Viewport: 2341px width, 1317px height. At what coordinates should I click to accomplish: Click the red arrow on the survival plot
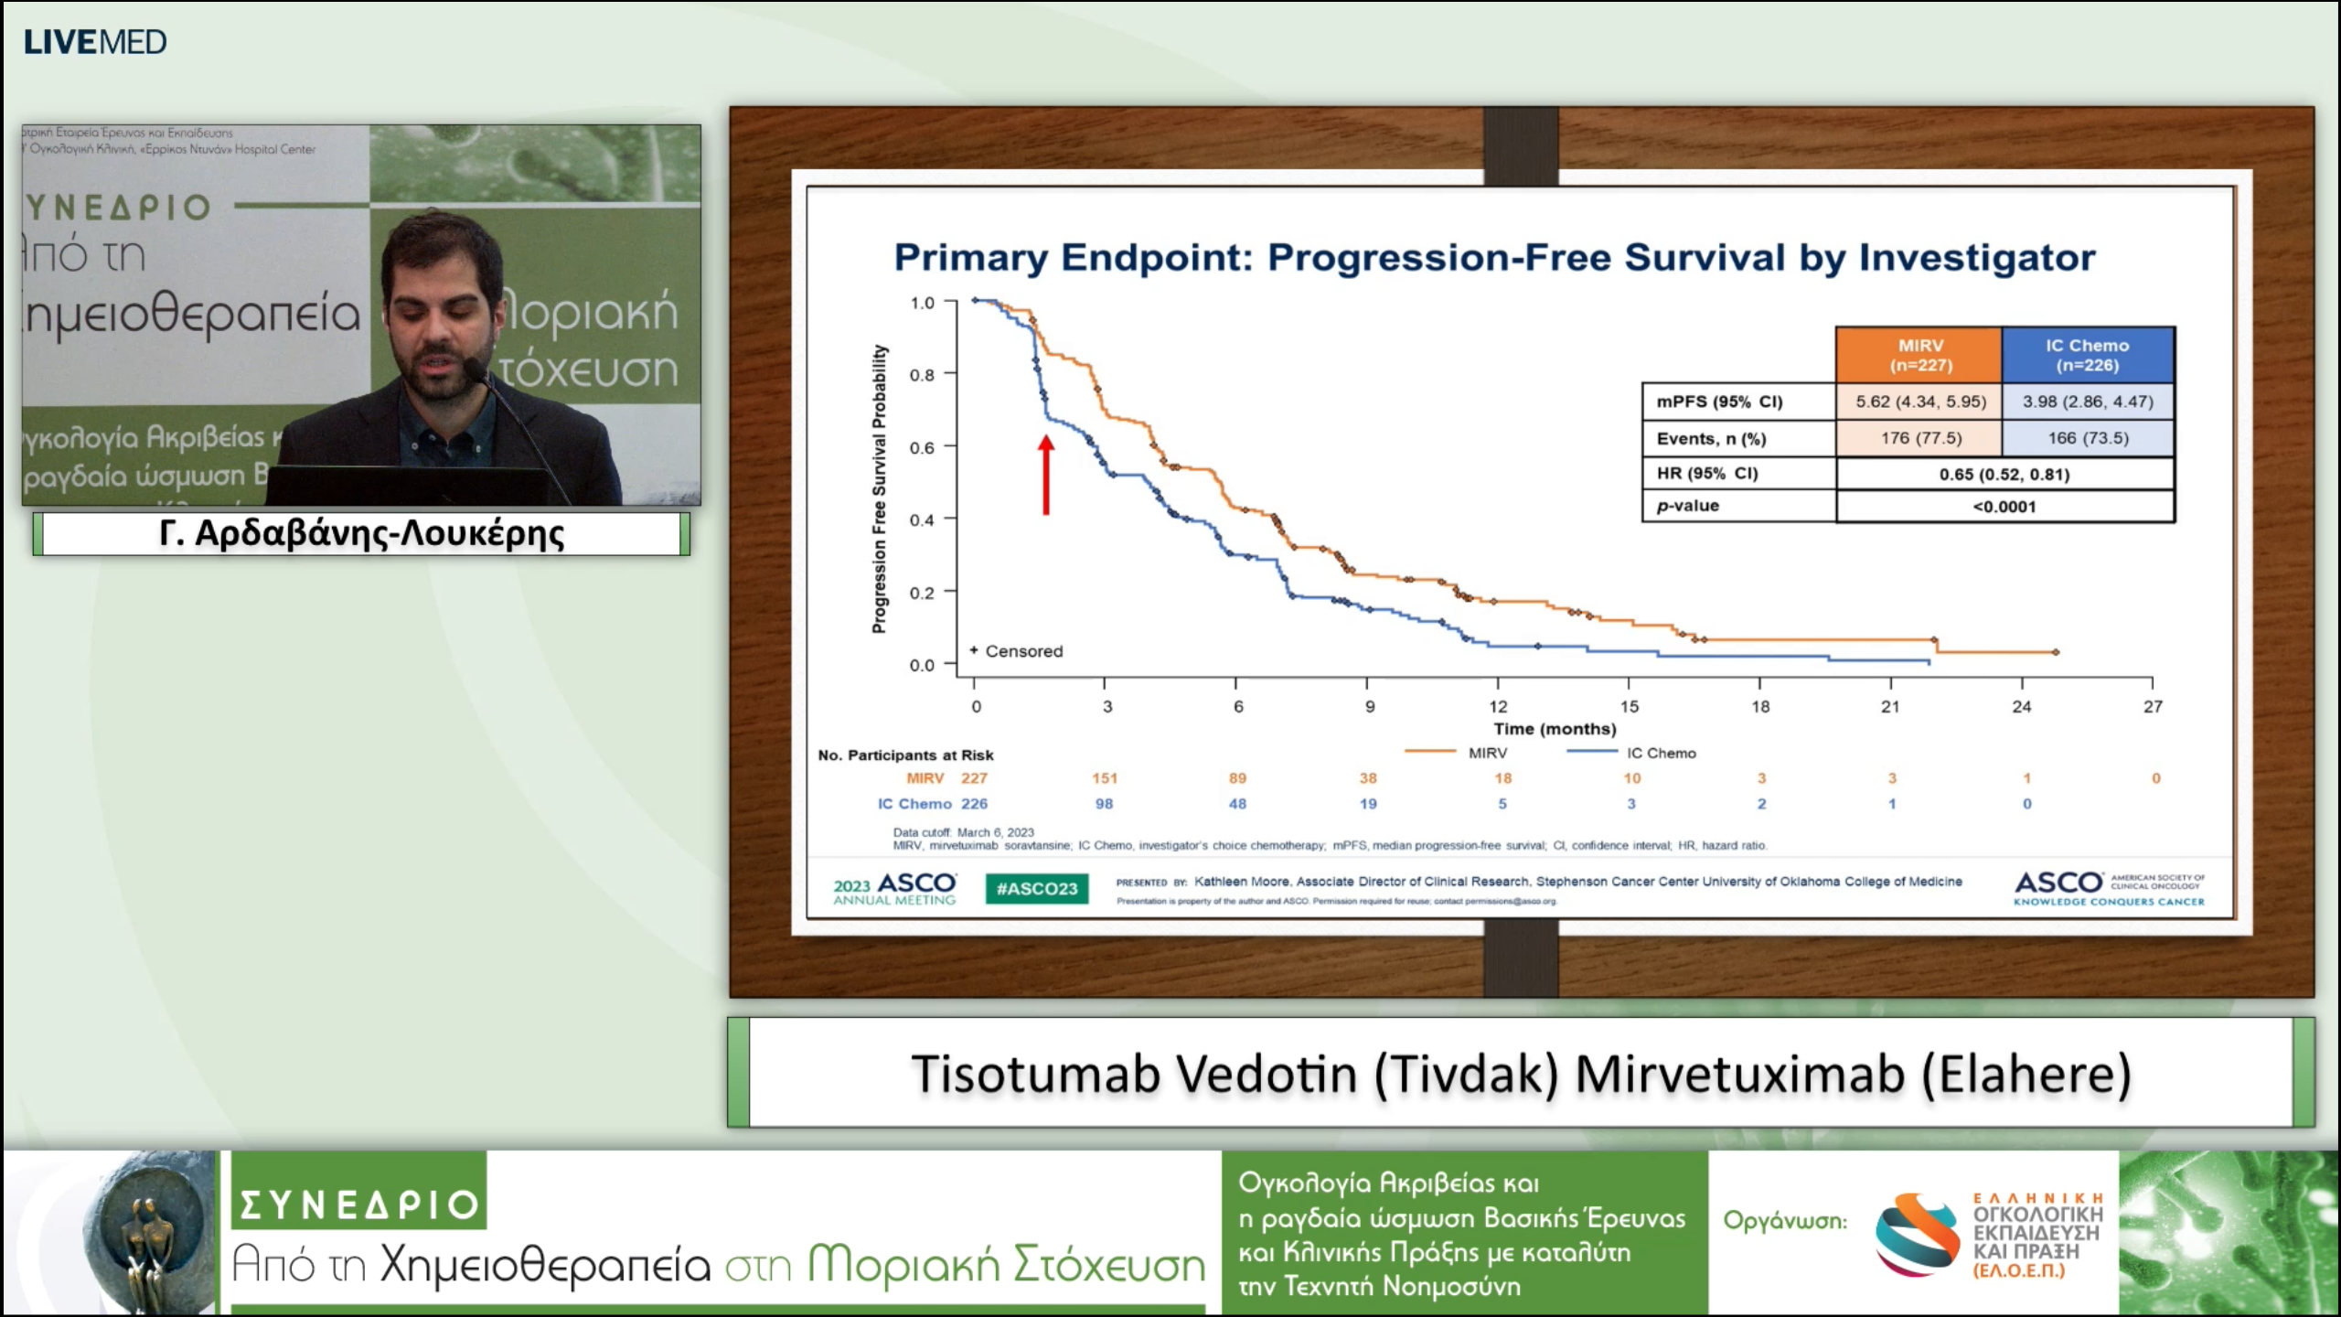pos(1046,475)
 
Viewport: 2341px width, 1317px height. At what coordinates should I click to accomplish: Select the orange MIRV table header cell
pos(1919,355)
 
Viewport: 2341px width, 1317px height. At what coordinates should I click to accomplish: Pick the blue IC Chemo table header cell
pos(2087,355)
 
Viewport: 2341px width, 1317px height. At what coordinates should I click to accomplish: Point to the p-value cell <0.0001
pos(2004,507)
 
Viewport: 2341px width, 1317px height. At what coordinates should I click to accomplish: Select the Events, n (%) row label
pos(1711,439)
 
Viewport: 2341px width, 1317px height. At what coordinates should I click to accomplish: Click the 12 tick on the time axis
pos(1498,706)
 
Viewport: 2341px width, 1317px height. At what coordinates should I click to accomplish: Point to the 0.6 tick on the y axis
pos(922,447)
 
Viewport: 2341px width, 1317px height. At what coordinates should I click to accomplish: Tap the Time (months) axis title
pos(1555,729)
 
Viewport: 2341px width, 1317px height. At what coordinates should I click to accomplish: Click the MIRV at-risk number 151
pos(1105,778)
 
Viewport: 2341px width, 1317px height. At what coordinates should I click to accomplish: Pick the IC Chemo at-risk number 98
pos(1105,804)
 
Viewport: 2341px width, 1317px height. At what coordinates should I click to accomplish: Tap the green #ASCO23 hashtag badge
pos(1037,888)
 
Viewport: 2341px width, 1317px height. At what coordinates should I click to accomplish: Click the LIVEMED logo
pos(95,42)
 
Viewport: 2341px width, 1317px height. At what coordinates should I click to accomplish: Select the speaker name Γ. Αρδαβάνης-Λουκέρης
pos(361,533)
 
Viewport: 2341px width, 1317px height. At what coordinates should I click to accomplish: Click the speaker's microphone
pos(475,369)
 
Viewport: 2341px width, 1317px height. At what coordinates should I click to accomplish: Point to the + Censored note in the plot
pos(1017,651)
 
